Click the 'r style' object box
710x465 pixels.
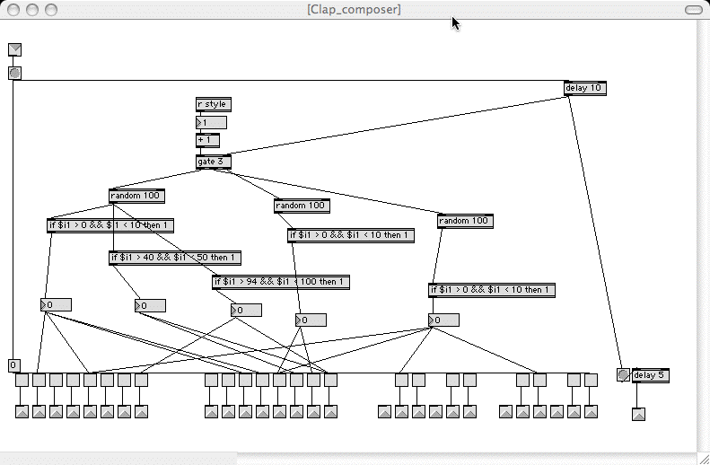[x=213, y=105]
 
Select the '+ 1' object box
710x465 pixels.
[x=207, y=140]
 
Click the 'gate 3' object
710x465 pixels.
[x=213, y=162]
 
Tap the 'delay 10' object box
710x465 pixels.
[x=585, y=88]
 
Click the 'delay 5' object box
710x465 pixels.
[x=651, y=375]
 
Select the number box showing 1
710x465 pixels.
[x=212, y=122]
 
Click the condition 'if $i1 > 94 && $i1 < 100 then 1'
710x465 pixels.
[x=280, y=282]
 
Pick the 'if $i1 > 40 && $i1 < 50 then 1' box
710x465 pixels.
[x=174, y=258]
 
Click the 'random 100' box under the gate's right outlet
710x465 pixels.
[x=465, y=221]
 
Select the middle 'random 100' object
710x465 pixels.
[x=302, y=206]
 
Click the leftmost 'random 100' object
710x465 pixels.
[x=136, y=196]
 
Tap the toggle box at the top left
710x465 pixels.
[x=14, y=49]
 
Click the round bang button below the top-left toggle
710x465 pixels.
[x=14, y=73]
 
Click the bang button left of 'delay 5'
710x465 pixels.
[x=623, y=375]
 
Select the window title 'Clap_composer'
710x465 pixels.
[x=354, y=9]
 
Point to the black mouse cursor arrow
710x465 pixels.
[x=456, y=22]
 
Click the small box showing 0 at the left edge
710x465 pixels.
[x=13, y=365]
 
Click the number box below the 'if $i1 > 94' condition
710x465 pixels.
[x=246, y=311]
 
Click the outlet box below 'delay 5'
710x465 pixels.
[x=638, y=414]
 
